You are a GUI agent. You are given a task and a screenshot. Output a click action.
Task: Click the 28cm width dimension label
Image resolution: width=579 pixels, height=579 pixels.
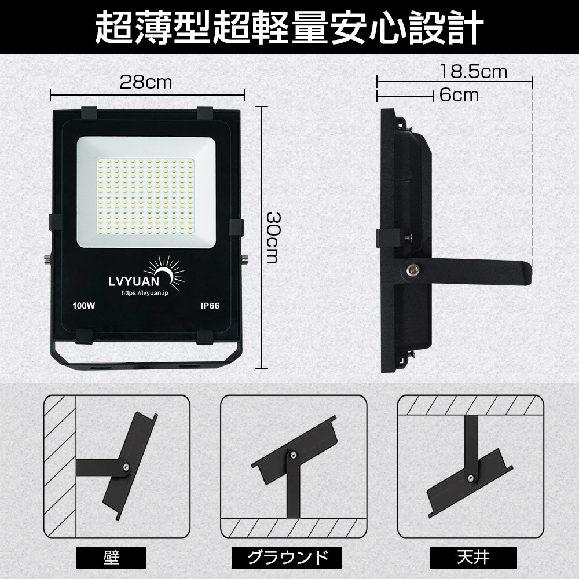(146, 82)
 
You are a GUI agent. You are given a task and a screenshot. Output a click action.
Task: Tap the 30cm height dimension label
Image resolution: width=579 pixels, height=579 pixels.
(273, 238)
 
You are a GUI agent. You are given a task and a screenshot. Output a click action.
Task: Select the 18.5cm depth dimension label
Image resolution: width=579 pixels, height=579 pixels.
(474, 72)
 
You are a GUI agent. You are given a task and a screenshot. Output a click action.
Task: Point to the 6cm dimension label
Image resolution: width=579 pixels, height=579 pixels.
(459, 96)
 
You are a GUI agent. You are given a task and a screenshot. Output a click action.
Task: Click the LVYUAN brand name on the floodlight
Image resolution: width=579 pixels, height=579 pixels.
(134, 281)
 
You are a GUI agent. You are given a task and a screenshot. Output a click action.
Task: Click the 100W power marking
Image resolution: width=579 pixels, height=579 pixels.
(84, 306)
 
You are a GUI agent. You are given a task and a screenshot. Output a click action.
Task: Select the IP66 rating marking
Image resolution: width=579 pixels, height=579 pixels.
(210, 306)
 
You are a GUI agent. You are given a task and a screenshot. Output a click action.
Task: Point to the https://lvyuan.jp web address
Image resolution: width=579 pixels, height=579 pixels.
(145, 293)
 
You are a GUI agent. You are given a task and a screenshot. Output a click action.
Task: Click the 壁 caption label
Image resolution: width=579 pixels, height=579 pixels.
(111, 557)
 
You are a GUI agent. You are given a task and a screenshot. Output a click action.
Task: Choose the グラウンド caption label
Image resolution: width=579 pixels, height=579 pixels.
(287, 557)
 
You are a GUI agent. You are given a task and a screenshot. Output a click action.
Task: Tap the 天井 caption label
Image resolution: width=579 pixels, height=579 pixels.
(473, 557)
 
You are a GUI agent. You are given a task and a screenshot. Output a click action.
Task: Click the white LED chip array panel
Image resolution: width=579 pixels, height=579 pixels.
(146, 197)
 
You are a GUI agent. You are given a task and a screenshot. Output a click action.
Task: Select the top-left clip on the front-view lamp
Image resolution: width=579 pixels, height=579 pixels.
(89, 113)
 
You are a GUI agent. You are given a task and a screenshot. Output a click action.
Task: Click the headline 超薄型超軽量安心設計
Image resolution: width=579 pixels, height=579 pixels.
(289, 27)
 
